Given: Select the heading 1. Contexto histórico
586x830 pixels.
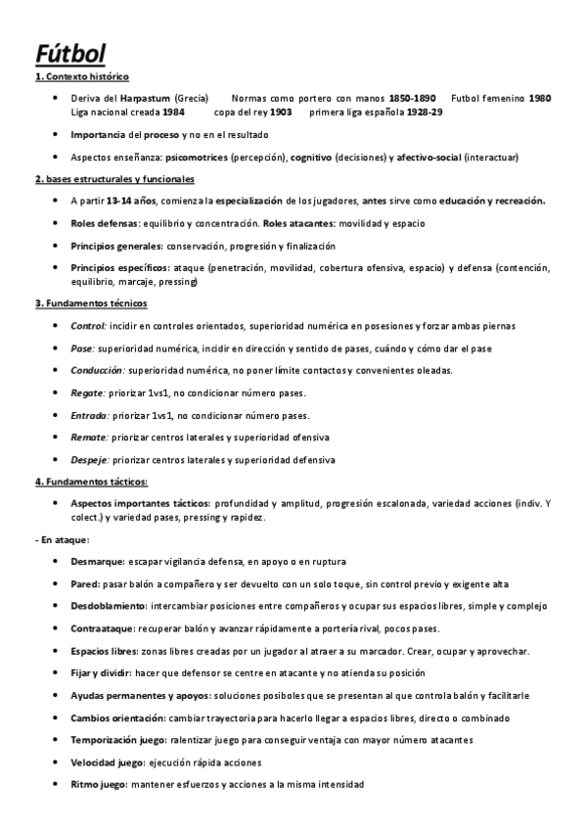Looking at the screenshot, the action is click(81, 76).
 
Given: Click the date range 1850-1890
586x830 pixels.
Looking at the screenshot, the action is click(412, 99).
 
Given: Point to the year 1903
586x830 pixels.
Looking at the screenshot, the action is click(281, 112).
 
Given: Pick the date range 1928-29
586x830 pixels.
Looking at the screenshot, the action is click(422, 112).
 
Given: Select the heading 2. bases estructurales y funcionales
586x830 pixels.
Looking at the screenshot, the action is click(114, 179).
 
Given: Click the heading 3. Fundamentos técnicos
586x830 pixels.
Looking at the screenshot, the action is click(90, 303).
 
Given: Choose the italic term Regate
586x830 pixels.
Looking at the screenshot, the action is click(88, 392).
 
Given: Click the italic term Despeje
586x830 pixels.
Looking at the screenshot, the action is click(89, 460).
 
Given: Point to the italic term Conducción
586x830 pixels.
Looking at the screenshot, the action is click(98, 370).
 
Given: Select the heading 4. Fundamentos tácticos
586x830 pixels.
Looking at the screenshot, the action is click(91, 482).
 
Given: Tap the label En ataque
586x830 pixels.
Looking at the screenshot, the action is click(64, 539).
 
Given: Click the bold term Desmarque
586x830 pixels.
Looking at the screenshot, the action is click(97, 562).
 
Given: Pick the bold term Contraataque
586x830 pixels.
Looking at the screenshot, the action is click(103, 628).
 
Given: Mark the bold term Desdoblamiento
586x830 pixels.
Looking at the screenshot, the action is click(111, 606).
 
